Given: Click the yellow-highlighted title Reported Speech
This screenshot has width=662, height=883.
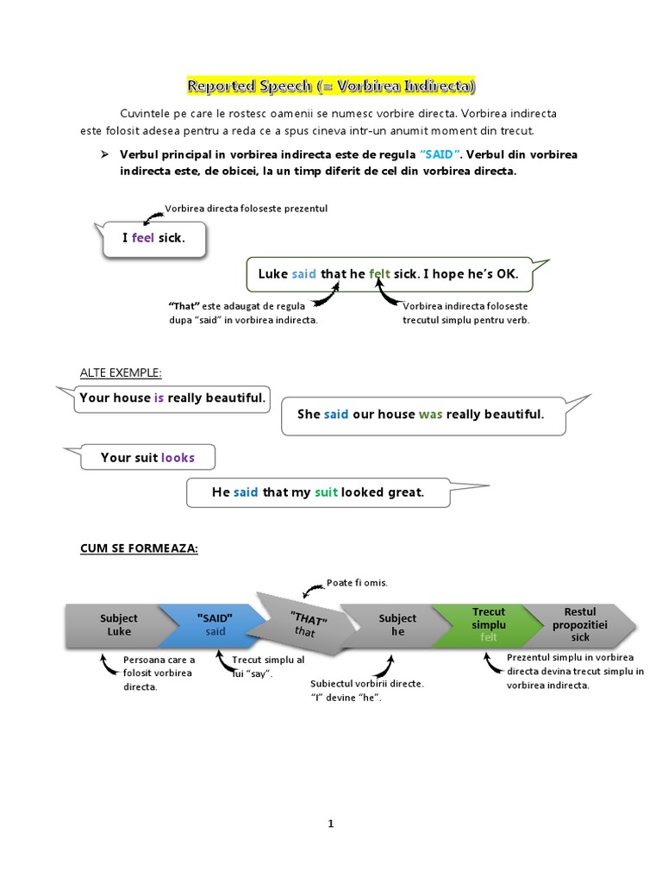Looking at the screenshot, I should point(331,86).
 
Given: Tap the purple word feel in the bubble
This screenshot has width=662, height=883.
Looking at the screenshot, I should point(143,238).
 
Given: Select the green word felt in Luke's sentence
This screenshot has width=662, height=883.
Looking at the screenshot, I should point(380,274).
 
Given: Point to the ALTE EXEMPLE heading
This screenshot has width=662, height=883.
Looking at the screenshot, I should point(121,373).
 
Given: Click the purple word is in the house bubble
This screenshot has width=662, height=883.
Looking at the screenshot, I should point(159,398).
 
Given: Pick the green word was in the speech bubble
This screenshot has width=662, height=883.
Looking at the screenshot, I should point(430,415).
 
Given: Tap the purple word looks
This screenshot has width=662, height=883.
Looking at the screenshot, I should point(178,458).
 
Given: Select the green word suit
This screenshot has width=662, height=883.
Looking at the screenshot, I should point(326,492).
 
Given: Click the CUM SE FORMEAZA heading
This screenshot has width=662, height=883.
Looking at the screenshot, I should point(139,548).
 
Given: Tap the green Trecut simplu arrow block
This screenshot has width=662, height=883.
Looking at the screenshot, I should point(488,625).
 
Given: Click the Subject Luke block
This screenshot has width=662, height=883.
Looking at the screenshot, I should point(119,625).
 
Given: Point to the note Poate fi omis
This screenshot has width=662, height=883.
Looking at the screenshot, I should point(357,583).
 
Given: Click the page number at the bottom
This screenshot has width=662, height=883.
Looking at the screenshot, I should point(330,824).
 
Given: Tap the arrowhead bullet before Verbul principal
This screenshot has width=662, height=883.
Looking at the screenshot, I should point(102,154).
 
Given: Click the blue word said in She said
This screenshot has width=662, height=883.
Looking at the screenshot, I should point(336,415).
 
